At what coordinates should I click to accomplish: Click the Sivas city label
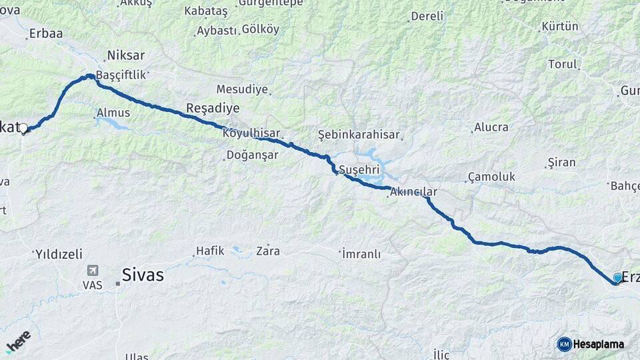[x=143, y=274]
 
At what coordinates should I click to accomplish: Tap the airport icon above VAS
[x=92, y=271]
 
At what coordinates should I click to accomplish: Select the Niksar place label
[x=126, y=55]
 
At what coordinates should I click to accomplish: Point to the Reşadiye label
[x=213, y=108]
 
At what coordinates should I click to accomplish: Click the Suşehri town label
[x=359, y=169]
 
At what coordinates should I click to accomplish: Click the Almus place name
[x=113, y=113]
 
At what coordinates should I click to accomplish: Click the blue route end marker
[x=618, y=277]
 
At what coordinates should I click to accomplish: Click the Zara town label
[x=268, y=251]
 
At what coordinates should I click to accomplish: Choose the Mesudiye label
[x=242, y=89]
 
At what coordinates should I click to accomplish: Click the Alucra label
[x=491, y=127]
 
